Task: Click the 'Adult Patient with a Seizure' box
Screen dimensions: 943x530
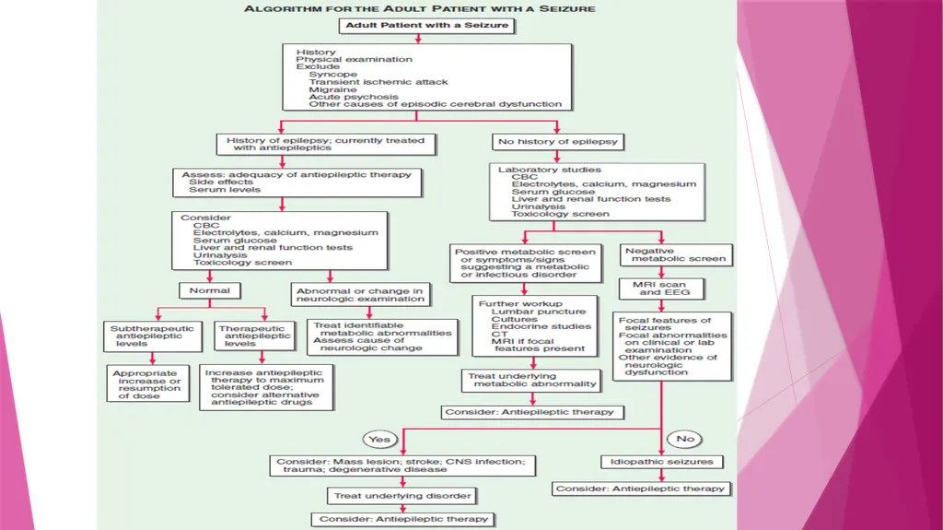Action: pos(427,25)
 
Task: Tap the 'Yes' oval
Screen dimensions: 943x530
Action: pos(379,440)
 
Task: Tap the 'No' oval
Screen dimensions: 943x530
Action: pos(685,439)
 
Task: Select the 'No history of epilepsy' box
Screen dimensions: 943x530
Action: pos(558,142)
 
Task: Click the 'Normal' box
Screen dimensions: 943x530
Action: pos(210,291)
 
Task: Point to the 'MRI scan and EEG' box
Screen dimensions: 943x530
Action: pos(661,289)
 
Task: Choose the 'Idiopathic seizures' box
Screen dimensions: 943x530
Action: pos(662,462)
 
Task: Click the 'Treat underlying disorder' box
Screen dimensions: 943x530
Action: pos(402,496)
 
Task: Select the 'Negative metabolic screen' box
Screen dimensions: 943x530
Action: pos(676,254)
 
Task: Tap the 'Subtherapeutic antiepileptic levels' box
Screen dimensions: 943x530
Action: pos(152,336)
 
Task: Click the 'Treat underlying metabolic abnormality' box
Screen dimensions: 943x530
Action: pos(532,380)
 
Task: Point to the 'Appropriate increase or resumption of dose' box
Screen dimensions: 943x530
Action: pos(148,384)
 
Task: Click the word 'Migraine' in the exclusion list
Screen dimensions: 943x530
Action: pos(332,89)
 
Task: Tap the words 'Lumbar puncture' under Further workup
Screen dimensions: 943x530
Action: pos(538,312)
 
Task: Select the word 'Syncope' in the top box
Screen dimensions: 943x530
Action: pos(333,74)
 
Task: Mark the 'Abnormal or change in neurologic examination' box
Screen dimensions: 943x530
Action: pos(360,295)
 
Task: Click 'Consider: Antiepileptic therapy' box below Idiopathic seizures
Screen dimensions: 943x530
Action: pos(641,489)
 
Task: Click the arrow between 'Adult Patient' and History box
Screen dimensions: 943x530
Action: pos(418,39)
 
